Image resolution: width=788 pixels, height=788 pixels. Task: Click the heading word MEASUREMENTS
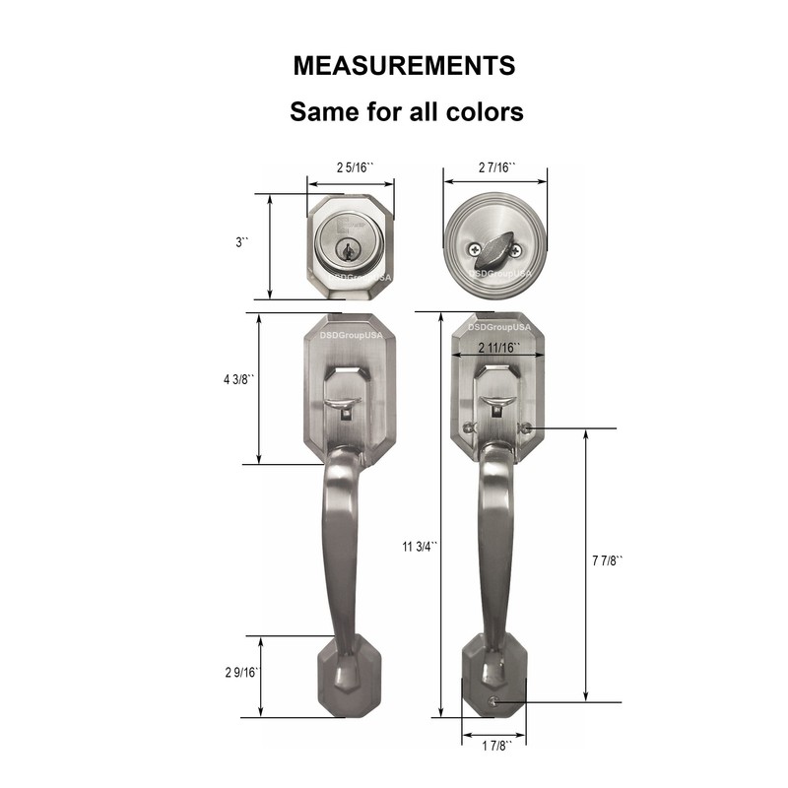coord(404,66)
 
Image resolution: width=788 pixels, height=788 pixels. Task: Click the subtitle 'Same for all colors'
coord(406,111)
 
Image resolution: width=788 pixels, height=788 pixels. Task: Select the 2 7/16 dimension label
coord(496,167)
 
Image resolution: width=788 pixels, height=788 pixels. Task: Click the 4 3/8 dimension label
coord(239,381)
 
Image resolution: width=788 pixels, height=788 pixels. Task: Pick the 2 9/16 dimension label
coord(239,673)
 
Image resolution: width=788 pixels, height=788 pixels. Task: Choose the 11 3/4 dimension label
coord(421,548)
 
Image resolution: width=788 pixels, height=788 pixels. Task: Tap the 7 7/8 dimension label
coord(608,561)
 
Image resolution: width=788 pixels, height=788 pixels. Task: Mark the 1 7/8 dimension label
coord(494,746)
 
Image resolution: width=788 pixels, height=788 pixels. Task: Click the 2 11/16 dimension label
coord(498,348)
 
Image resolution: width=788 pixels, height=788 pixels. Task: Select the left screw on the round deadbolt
coord(476,250)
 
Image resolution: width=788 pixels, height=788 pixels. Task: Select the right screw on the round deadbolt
coord(515,251)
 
